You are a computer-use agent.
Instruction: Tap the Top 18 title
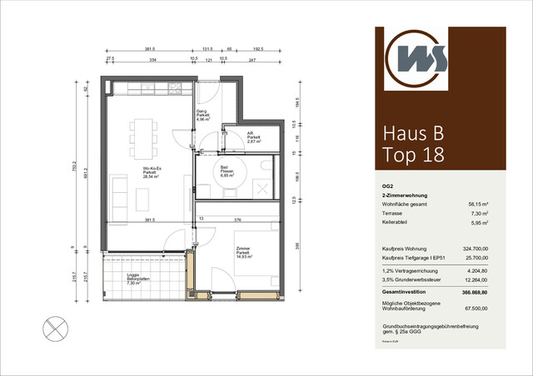pyautogui.click(x=413, y=155)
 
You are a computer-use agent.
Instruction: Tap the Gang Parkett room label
pyautogui.click(x=202, y=116)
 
